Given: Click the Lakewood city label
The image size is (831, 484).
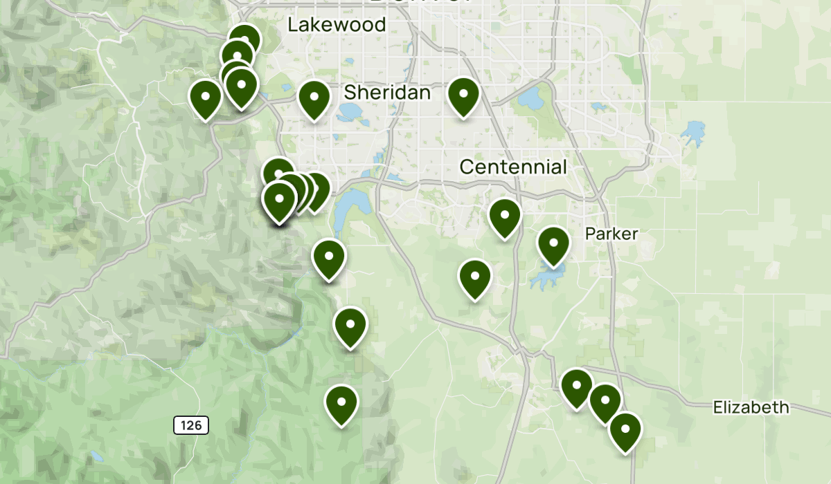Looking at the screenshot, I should coord(337,25).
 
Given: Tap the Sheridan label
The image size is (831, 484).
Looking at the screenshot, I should coord(387,92).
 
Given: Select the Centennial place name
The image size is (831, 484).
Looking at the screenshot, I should coord(513,167).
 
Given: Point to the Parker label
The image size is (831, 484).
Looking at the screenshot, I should coord(611,234).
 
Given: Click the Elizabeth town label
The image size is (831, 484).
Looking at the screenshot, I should coord(751,407).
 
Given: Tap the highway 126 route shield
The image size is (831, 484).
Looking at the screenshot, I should coord(190,425).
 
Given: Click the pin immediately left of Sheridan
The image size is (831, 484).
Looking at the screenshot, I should coord(314,100).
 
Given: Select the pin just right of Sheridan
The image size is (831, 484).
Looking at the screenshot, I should coord(463,97).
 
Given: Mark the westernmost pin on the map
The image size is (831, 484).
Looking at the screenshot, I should coord(206,99).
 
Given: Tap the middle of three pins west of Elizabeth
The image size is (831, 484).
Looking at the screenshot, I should coord(605,402).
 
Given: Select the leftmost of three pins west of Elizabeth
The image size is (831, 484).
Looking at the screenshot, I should coord(576,388).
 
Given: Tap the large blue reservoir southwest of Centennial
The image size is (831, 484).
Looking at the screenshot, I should coord(344,211).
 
